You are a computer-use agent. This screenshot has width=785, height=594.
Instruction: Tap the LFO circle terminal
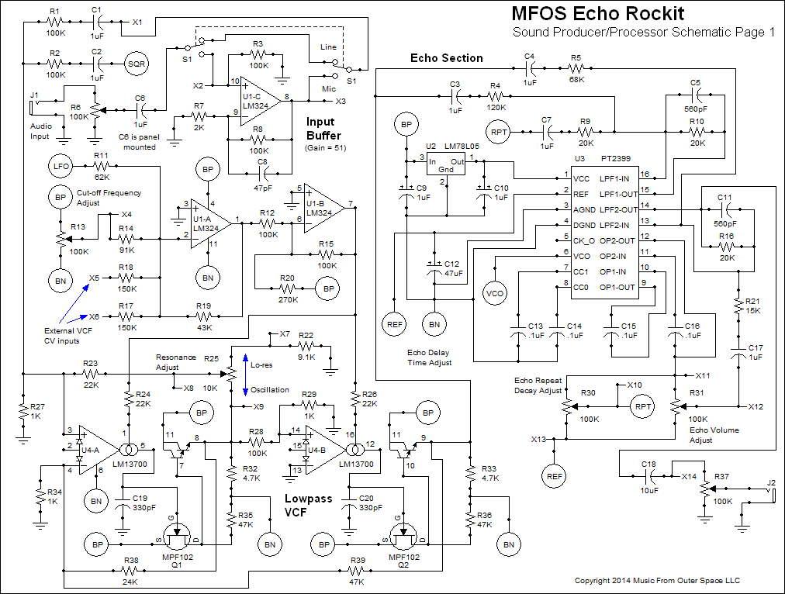(61, 167)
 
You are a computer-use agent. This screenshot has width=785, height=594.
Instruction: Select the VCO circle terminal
(493, 294)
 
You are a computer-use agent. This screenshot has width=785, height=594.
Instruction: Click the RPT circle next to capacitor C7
(500, 133)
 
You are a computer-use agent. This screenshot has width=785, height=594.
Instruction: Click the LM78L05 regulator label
(463, 146)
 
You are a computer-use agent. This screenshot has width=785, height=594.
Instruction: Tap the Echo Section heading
(447, 58)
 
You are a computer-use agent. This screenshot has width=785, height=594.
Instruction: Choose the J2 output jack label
(771, 483)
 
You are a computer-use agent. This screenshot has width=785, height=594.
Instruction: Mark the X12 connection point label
(756, 406)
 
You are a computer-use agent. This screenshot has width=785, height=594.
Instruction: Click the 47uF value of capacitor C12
(454, 273)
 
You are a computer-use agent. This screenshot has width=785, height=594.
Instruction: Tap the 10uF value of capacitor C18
(650, 491)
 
